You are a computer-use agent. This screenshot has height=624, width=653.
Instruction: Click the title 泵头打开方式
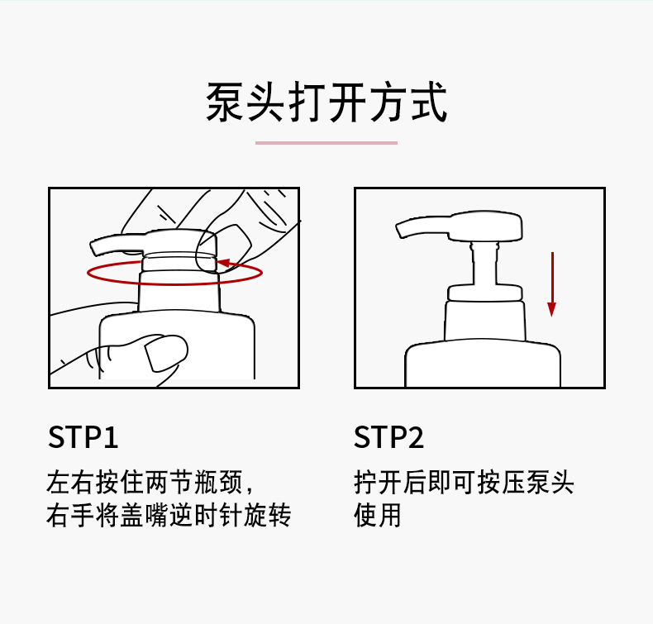tap(326, 102)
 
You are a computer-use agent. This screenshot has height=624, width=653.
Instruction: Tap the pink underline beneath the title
tap(326, 143)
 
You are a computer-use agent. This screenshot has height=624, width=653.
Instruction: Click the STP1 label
tap(83, 437)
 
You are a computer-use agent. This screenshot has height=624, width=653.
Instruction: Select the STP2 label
tap(389, 437)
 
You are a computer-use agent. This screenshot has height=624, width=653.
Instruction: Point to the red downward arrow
tap(552, 284)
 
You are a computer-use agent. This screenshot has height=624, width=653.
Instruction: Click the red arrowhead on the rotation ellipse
tap(224, 263)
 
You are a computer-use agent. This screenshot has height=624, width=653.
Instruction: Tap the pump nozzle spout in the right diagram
tap(421, 226)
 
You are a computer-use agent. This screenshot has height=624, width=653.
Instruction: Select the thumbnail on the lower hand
tap(166, 353)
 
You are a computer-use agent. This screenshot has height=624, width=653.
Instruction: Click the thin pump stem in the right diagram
tap(484, 264)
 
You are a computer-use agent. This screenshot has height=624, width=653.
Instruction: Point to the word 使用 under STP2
tap(377, 515)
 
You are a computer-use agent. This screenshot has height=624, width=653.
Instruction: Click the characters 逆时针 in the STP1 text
tap(205, 515)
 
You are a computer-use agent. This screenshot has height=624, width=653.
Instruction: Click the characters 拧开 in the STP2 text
tap(377, 483)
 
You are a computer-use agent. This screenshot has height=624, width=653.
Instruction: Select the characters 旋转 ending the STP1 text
tap(267, 515)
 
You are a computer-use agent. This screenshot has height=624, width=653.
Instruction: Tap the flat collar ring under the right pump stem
tap(484, 293)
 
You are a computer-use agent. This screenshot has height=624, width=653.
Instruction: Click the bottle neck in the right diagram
tap(484, 321)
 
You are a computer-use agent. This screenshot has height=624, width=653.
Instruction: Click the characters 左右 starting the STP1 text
tap(70, 483)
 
